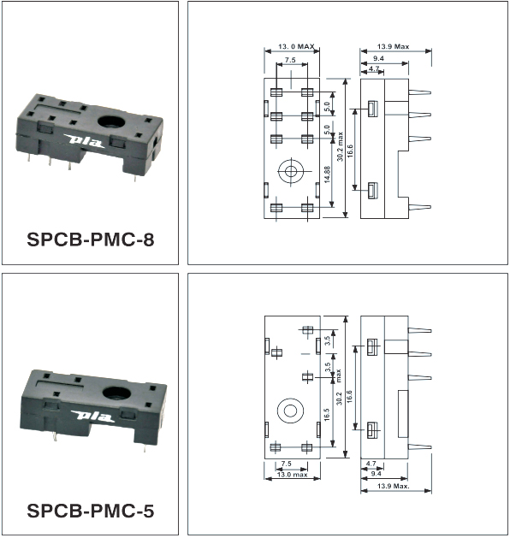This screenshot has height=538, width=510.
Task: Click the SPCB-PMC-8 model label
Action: tap(91, 239)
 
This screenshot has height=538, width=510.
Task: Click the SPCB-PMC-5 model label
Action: tap(91, 511)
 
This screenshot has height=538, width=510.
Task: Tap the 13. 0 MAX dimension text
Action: tap(296, 46)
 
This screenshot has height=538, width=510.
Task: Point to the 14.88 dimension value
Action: tap(327, 174)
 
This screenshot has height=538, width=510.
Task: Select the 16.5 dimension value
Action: tap(326, 415)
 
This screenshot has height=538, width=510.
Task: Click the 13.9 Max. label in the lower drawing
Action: tap(394, 486)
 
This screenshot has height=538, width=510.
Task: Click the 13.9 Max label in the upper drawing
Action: tap(393, 46)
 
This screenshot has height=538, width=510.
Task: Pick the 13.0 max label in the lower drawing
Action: tap(292, 475)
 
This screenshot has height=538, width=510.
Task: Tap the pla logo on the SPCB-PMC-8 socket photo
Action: tap(85, 140)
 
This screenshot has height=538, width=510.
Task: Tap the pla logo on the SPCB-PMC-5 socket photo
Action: tap(92, 416)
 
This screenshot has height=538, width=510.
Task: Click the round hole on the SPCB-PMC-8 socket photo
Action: tap(111, 121)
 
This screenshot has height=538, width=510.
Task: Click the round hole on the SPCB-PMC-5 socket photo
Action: tap(116, 393)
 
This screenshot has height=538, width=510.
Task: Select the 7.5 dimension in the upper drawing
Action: tap(290, 60)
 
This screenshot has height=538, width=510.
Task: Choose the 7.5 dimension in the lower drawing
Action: tap(286, 464)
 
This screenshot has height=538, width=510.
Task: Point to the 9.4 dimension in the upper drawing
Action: tap(378, 58)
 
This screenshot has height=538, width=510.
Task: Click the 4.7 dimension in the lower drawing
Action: tap(371, 464)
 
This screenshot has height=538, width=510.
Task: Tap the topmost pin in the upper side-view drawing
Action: tap(420, 92)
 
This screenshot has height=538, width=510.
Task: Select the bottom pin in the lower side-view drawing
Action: tap(419, 446)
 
